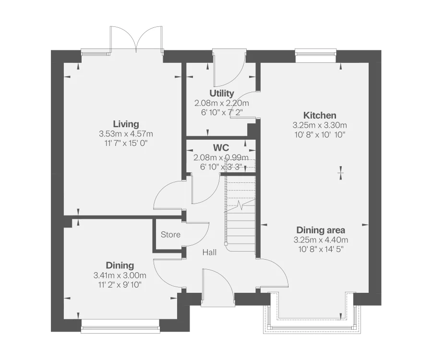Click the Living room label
(126, 124)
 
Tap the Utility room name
(221, 93)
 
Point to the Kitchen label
(320, 115)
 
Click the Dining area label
(321, 230)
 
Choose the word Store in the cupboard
(170, 235)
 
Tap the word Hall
(209, 252)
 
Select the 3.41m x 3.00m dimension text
(120, 276)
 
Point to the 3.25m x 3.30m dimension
(320, 125)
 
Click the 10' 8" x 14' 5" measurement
(321, 249)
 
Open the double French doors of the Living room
(137, 40)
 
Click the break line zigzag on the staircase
(240, 206)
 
